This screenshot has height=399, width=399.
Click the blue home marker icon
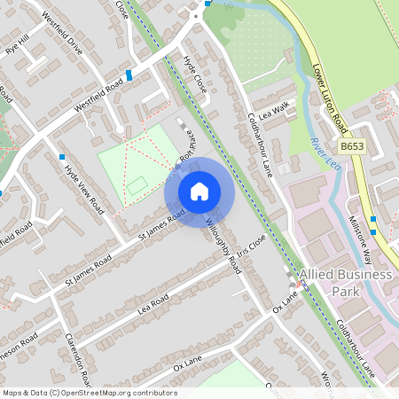pos(199,192)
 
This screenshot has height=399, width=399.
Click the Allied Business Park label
pos(345,283)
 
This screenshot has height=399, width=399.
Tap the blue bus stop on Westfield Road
pos(129,75)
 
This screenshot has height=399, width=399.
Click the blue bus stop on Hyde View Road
pos(62,157)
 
